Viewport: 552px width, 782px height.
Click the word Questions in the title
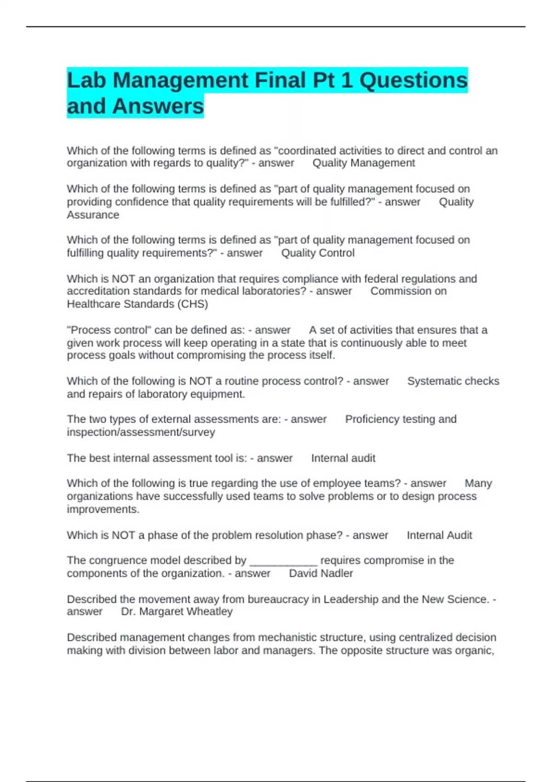(413, 80)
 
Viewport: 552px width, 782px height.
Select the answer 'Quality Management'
(363, 163)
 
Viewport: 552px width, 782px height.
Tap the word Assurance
(93, 215)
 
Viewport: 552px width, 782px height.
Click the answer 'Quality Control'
(317, 253)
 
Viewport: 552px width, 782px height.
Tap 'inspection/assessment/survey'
(141, 432)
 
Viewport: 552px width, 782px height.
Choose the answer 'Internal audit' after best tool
(343, 458)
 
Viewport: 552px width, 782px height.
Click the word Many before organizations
(478, 483)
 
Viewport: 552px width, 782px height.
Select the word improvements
(103, 509)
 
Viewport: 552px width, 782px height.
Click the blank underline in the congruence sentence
(283, 561)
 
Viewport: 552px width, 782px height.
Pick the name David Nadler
(321, 573)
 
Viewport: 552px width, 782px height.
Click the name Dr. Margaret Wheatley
(177, 611)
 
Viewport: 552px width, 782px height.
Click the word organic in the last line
(476, 650)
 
